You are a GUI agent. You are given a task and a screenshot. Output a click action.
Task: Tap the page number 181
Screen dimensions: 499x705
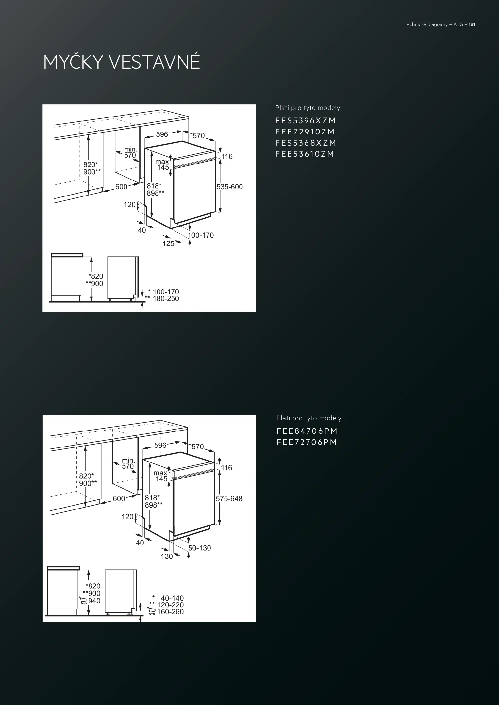472,24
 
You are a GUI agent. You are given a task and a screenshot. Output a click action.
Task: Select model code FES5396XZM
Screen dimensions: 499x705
306,121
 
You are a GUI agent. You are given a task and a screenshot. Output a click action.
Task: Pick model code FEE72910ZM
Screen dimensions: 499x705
305,132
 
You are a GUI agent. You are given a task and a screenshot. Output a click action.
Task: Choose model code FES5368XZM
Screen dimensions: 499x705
306,143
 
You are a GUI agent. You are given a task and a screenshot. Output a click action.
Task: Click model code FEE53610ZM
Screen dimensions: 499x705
305,154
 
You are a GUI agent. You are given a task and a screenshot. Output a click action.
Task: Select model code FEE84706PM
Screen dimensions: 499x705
307,431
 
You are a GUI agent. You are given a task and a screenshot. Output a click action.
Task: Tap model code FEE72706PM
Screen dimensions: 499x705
307,442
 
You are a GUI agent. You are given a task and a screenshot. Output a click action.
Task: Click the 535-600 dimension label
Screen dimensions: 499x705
230,187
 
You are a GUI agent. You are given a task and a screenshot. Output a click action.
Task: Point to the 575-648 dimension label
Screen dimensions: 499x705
229,498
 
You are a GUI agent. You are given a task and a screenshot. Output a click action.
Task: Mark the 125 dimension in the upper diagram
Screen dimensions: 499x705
168,243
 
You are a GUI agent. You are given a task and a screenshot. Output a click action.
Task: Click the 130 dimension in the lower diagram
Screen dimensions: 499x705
167,556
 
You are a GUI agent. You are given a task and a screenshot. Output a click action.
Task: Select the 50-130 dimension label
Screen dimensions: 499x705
199,548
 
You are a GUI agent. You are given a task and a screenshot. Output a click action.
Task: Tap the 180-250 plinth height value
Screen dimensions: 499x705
166,298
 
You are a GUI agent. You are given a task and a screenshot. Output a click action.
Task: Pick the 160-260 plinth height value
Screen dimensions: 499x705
170,612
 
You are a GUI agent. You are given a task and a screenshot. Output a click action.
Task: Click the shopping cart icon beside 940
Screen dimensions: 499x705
83,601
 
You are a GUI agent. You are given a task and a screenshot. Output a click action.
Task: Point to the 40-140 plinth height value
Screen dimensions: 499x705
172,598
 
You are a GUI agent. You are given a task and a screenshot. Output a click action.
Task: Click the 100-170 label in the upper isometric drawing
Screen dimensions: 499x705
201,235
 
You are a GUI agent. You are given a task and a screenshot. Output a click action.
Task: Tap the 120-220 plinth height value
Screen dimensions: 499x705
170,605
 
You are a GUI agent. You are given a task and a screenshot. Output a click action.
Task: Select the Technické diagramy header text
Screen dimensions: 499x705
426,24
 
